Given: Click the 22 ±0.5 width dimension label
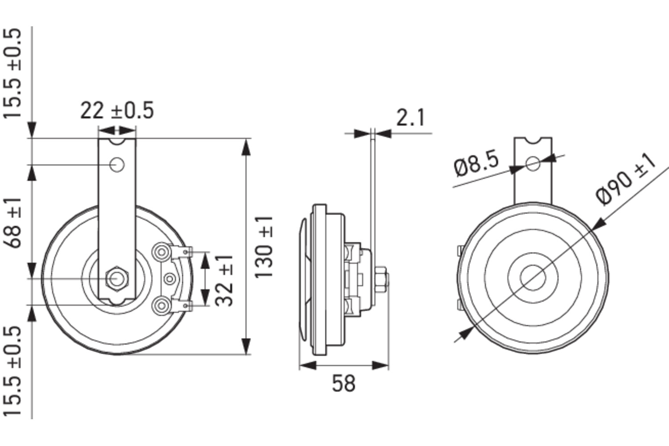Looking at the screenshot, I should [x=117, y=111].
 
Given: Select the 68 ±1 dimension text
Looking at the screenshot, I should [x=14, y=223].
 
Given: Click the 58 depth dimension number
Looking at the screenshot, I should [x=343, y=383].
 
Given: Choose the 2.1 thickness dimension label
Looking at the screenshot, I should [x=411, y=118].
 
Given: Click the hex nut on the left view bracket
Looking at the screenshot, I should [x=117, y=278].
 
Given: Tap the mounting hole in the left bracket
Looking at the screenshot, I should [x=117, y=165].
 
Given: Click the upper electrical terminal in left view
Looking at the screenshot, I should [x=161, y=253].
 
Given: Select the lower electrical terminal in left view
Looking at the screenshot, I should [x=161, y=306].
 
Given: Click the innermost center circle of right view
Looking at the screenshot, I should [x=533, y=277].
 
